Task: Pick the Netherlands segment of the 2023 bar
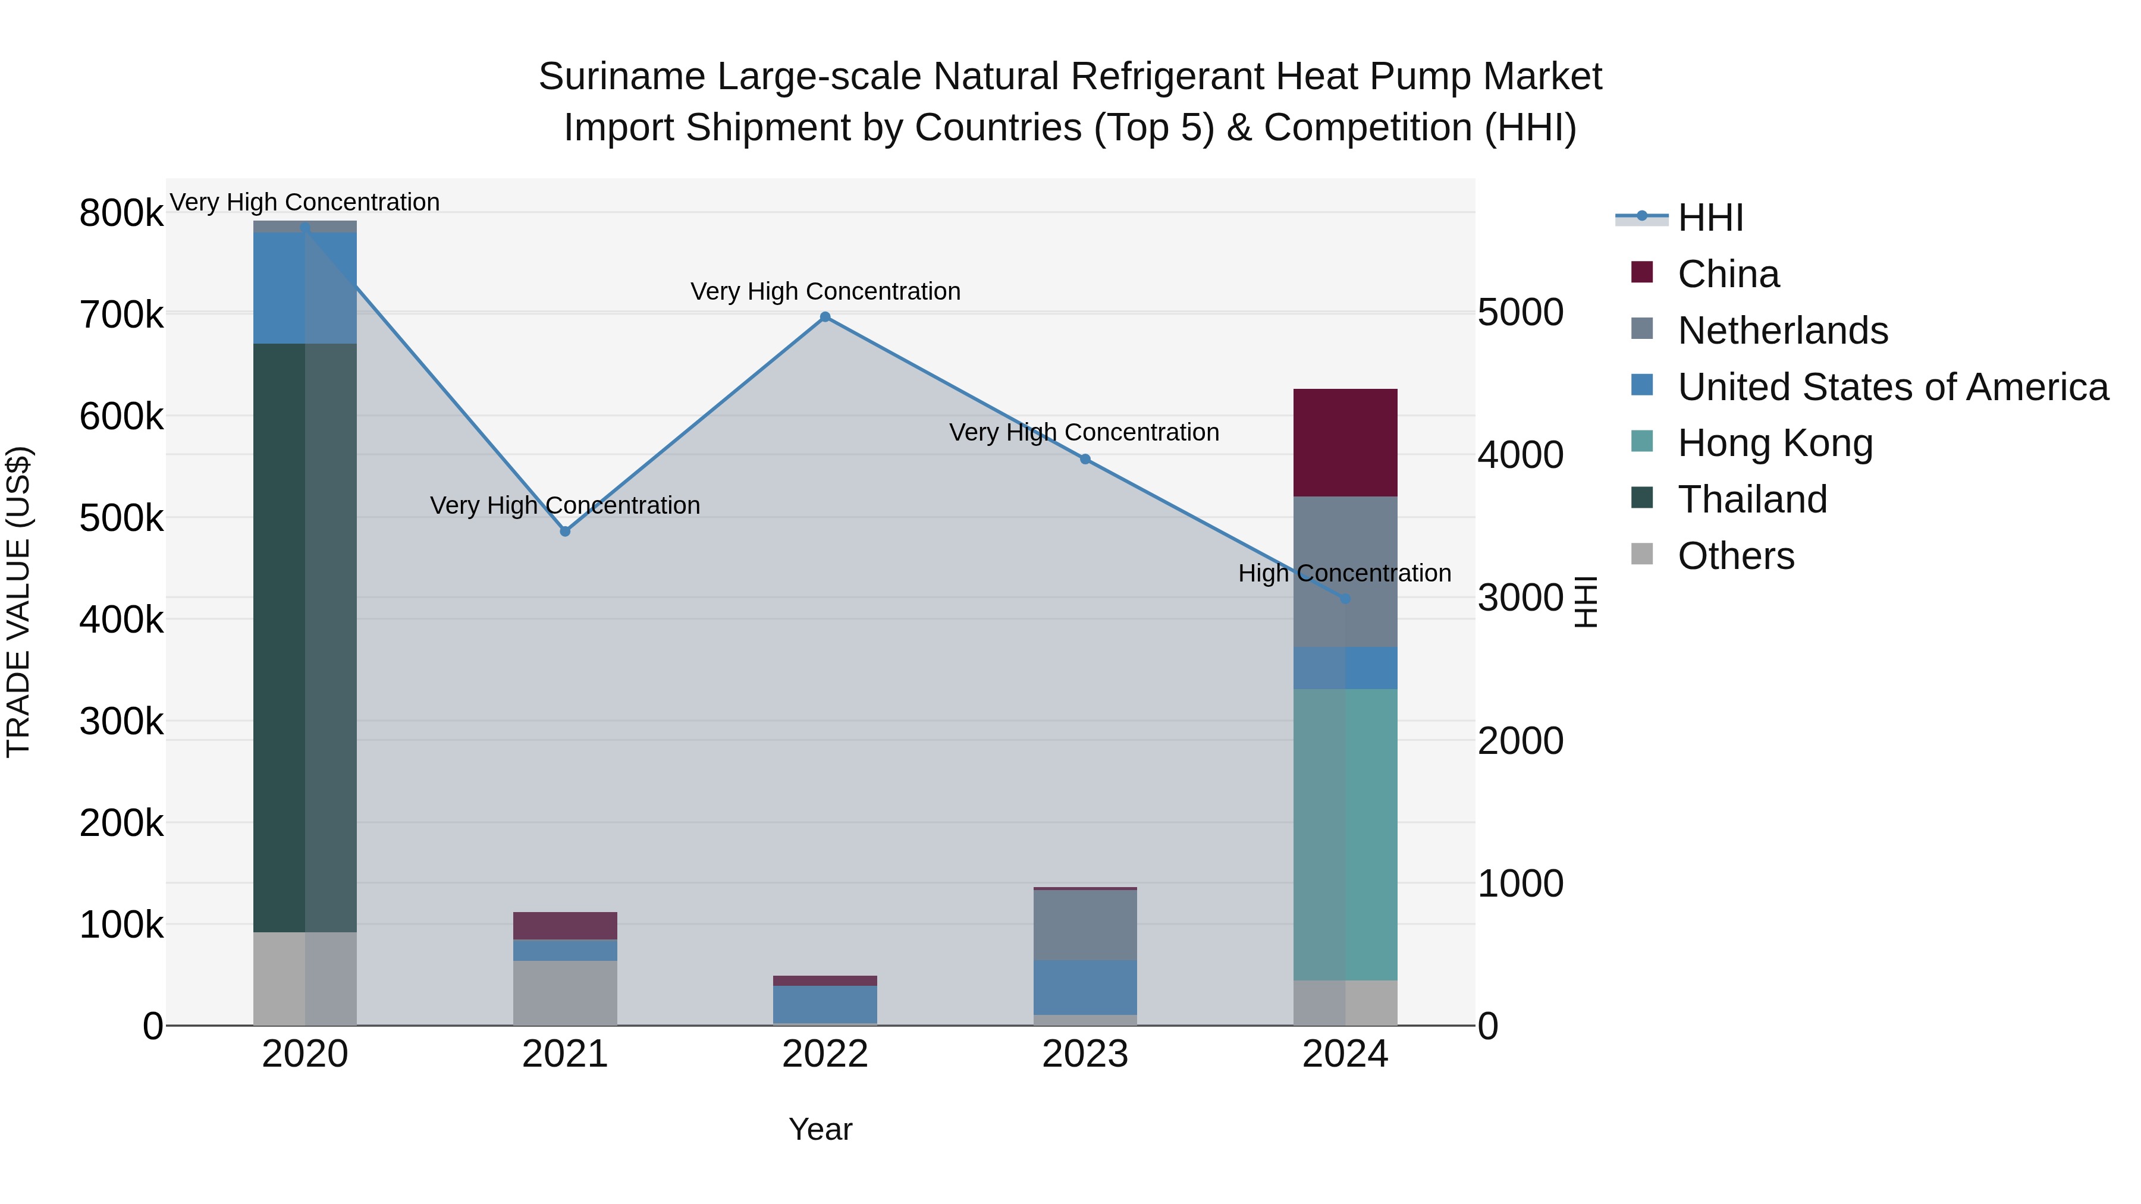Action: point(1085,925)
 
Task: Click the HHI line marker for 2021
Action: point(565,531)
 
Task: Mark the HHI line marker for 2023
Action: point(1085,458)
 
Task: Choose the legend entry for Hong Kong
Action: point(1775,443)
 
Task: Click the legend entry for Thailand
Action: point(1752,499)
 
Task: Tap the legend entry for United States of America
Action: point(1892,386)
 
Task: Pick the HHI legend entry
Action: point(1710,218)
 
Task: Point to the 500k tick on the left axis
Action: point(121,518)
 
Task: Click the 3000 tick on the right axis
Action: point(1520,598)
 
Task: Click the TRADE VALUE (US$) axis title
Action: point(18,602)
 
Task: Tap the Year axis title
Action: point(820,1129)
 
